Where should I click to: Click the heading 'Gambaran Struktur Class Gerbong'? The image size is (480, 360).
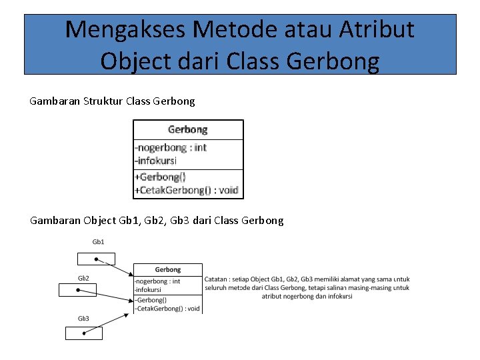click(113, 101)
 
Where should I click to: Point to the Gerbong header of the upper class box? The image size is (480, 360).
click(187, 129)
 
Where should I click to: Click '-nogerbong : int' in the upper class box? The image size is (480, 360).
click(171, 147)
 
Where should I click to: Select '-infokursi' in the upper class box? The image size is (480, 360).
click(155, 160)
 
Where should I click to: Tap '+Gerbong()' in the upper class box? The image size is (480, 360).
click(160, 177)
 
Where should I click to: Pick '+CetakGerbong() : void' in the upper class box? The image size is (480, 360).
click(186, 190)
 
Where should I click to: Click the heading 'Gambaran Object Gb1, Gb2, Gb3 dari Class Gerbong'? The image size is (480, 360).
click(157, 220)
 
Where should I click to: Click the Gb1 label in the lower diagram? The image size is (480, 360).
click(98, 241)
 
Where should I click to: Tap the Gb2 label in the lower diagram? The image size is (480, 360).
click(83, 278)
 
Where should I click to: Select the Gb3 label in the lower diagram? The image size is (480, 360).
click(83, 319)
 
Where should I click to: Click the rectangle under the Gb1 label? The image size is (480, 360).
click(96, 259)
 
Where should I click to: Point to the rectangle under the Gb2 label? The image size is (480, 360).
click(77, 290)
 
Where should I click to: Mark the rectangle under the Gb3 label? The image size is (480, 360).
click(83, 333)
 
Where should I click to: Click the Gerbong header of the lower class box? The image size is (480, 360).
click(167, 269)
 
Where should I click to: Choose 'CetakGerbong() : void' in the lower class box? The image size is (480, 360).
click(167, 309)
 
